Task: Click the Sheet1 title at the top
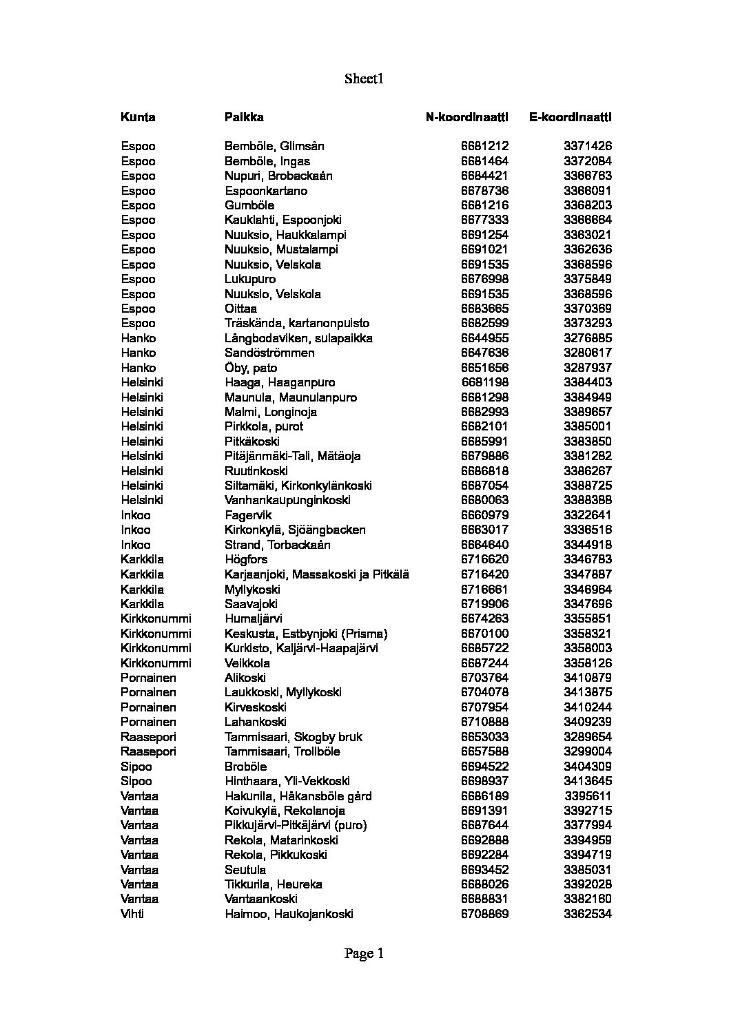pos(364,79)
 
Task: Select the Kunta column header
pos(138,117)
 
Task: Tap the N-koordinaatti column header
pos(466,117)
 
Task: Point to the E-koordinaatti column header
pos(570,117)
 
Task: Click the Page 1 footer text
pos(364,954)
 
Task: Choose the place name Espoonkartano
pos(266,191)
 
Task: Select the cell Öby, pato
pos(251,368)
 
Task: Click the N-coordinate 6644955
pos(484,338)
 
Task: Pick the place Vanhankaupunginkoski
pos(287,500)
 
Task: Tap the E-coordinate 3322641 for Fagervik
pos(587,515)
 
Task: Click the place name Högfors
pos(246,559)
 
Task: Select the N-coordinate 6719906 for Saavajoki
pos(484,604)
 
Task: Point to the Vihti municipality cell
pos(132,914)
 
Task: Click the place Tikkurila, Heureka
pos(273,884)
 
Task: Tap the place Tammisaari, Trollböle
pos(283,751)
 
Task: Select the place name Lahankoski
pos(255,722)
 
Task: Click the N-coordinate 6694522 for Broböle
pos(484,767)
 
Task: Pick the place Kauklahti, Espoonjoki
pos(283,220)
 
